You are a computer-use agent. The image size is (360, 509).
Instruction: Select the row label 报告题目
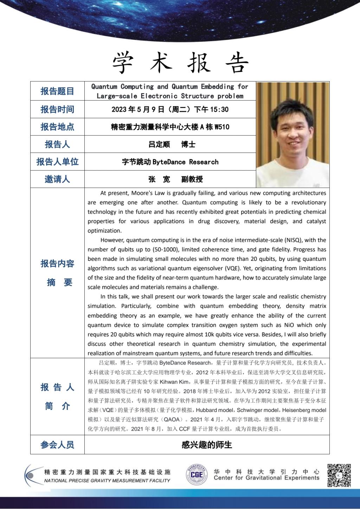(57, 91)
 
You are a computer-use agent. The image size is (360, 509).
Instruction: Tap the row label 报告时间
(57, 109)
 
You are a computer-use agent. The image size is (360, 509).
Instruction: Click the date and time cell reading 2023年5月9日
(170, 109)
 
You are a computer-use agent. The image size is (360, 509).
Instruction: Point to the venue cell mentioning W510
(170, 127)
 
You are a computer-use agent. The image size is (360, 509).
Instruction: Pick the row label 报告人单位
(57, 162)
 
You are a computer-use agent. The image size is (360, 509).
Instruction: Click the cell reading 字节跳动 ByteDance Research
(170, 162)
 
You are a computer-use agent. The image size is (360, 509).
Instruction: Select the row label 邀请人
(57, 179)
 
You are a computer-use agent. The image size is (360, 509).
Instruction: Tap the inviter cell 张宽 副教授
(175, 179)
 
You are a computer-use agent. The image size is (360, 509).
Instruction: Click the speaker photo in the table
(292, 135)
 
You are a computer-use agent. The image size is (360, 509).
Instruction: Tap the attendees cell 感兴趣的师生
(207, 445)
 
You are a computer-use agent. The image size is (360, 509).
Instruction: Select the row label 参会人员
(57, 445)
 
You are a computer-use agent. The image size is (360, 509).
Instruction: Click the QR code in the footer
(339, 475)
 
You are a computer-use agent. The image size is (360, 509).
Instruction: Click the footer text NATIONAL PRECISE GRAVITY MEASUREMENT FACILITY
(107, 481)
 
